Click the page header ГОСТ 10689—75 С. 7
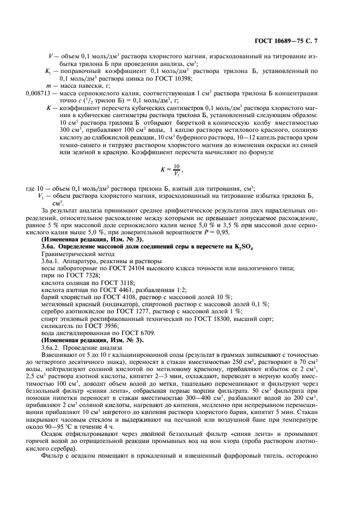pos(309,41)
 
